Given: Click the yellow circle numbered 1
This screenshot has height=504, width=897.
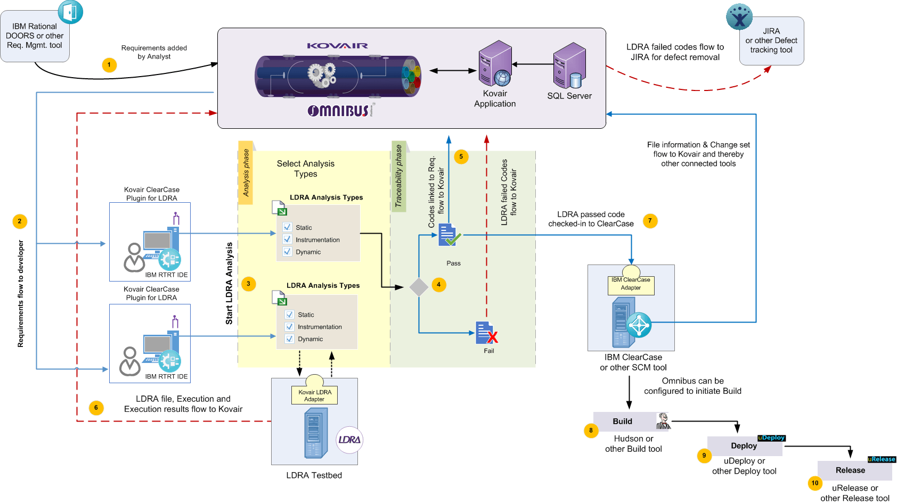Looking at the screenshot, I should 109,65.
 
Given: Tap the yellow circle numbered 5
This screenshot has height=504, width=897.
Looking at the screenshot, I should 461,156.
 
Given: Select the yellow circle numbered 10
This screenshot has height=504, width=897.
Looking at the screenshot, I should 815,483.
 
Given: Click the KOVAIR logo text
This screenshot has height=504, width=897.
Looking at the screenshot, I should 337,46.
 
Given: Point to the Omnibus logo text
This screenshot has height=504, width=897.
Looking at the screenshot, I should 340,110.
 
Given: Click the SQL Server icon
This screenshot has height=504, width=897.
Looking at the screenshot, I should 569,66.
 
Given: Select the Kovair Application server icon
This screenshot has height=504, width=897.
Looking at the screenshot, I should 495,64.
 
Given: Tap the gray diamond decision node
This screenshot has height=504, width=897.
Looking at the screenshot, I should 419,287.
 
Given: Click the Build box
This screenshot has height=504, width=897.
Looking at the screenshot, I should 623,422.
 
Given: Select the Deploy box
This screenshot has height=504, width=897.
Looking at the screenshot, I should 744,446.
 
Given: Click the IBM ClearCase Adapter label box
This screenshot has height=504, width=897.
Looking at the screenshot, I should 631,284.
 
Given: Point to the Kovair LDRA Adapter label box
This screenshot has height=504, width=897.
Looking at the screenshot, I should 315,395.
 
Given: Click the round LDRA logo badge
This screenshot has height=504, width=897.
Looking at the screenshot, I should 349,440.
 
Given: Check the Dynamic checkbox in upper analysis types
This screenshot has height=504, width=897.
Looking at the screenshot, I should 288,252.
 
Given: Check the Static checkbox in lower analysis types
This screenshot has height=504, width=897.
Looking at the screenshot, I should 289,315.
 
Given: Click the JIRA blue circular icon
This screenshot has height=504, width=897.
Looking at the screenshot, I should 739,17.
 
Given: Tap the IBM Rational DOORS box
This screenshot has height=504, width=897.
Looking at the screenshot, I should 35,36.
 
